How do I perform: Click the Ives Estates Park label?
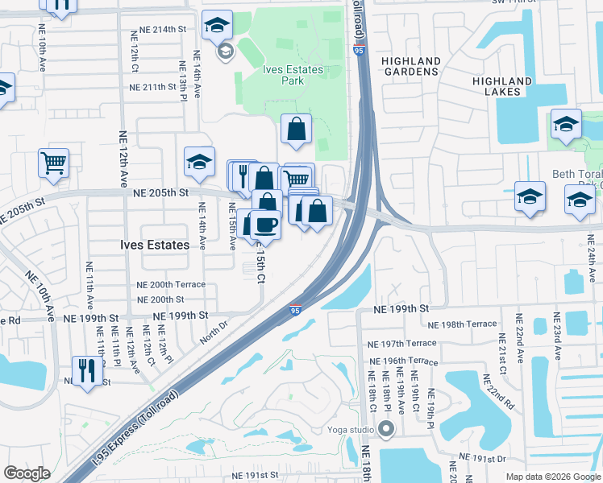click(293, 75)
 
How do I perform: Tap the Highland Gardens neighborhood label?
click(411, 66)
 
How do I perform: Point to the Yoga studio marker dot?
click(386, 428)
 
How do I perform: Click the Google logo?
click(27, 473)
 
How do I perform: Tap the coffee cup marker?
click(265, 225)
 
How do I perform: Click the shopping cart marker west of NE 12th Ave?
click(53, 163)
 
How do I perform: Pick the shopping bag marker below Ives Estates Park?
click(297, 128)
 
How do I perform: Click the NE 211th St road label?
click(152, 87)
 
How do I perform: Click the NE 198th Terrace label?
click(463, 324)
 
